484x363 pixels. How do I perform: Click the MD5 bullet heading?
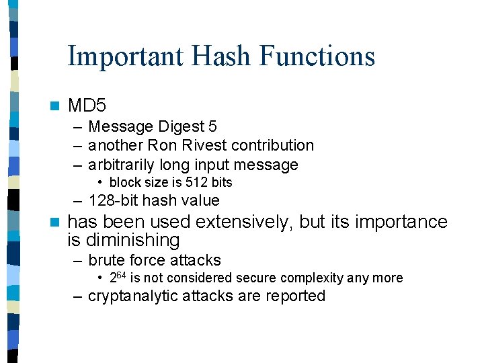tap(87, 106)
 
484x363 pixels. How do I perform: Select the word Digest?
tap(181, 126)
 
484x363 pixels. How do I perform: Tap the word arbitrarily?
tap(121, 165)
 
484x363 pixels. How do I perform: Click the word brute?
tap(106, 259)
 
